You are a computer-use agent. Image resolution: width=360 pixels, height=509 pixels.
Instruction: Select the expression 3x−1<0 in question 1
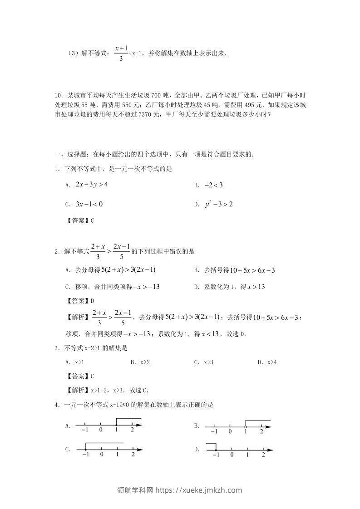tap(89, 204)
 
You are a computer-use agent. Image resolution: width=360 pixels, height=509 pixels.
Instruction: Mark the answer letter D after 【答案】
tap(92, 300)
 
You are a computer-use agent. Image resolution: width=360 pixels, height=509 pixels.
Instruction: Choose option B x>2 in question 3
tap(143, 362)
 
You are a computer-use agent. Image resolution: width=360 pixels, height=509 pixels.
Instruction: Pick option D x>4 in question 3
tap(271, 362)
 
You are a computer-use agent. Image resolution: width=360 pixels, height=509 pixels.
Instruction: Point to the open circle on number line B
tap(246, 427)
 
